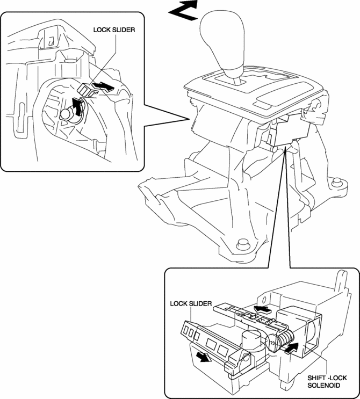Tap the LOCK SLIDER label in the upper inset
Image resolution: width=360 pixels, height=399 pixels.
click(113, 31)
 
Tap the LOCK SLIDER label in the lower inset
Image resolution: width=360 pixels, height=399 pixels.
click(187, 303)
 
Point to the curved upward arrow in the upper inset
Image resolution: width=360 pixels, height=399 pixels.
click(79, 107)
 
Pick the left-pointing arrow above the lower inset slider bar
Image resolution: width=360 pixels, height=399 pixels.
click(261, 309)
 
